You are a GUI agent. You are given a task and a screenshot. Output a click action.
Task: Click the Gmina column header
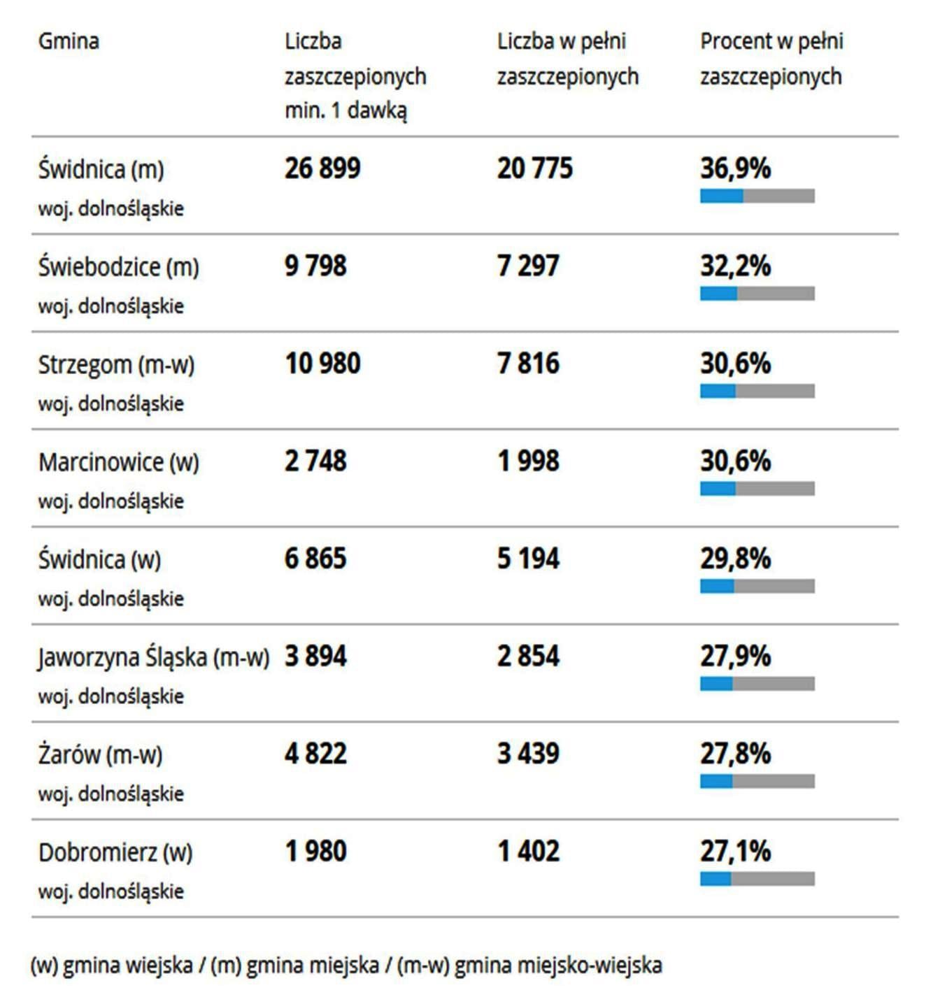[x=69, y=41]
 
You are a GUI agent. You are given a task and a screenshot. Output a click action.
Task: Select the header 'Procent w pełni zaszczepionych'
[x=771, y=59]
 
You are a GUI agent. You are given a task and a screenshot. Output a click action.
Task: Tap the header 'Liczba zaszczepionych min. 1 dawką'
[x=355, y=76]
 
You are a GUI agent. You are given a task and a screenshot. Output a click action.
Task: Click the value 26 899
[x=322, y=168]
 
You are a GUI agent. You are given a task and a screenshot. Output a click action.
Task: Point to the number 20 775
[x=535, y=168]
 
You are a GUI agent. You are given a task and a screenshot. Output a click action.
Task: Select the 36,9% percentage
[x=735, y=168]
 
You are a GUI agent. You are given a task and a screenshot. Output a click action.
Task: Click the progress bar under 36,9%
[x=757, y=196]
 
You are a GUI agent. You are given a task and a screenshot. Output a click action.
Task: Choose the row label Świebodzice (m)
[x=118, y=266]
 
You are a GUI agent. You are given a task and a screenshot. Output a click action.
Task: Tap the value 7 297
[x=528, y=266]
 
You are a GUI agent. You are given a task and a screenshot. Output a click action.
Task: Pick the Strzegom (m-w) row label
[x=116, y=364]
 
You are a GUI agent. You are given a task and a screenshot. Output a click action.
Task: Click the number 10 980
[x=322, y=364]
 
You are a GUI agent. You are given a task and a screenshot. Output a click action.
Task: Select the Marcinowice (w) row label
[x=118, y=462]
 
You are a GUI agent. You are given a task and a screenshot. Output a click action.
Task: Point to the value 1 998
[x=528, y=461]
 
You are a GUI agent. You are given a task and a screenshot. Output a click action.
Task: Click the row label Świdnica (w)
[x=99, y=559]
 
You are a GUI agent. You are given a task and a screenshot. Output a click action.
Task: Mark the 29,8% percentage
[x=735, y=559]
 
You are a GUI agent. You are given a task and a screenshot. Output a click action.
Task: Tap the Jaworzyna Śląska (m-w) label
[x=153, y=657]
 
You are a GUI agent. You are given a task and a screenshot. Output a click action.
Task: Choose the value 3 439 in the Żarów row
[x=528, y=754]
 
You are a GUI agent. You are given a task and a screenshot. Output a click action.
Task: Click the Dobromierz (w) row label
[x=115, y=852]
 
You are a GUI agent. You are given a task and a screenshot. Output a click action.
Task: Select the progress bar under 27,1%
[x=757, y=879]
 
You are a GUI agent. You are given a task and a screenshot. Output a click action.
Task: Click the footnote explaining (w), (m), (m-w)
[x=346, y=966]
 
